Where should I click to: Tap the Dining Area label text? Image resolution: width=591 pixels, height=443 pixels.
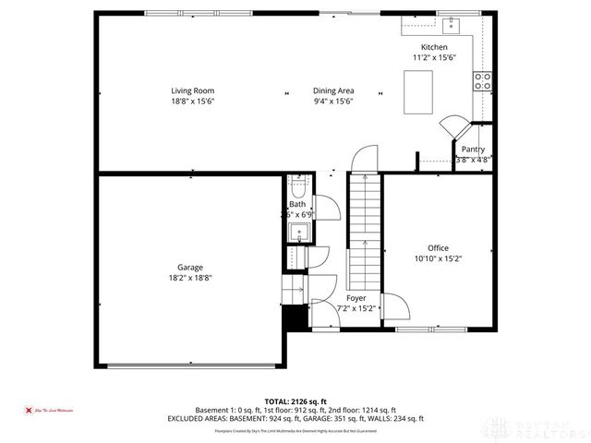click(333, 90)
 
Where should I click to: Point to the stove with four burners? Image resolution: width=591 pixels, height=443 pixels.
click(482, 81)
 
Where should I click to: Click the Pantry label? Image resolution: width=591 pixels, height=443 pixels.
click(473, 149)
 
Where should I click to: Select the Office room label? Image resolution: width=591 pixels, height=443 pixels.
click(438, 247)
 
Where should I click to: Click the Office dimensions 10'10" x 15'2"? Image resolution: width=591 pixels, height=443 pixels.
click(438, 258)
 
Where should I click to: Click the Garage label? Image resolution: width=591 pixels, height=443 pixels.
click(190, 267)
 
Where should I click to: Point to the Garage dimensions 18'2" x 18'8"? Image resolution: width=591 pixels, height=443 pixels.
click(190, 278)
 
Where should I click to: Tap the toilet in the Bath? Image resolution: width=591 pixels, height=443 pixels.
click(297, 186)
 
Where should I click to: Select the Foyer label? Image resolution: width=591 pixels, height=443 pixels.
click(356, 298)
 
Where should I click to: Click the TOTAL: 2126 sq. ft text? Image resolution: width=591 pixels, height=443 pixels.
click(295, 401)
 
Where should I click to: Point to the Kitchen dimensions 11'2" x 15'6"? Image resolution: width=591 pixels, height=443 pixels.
click(434, 58)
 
